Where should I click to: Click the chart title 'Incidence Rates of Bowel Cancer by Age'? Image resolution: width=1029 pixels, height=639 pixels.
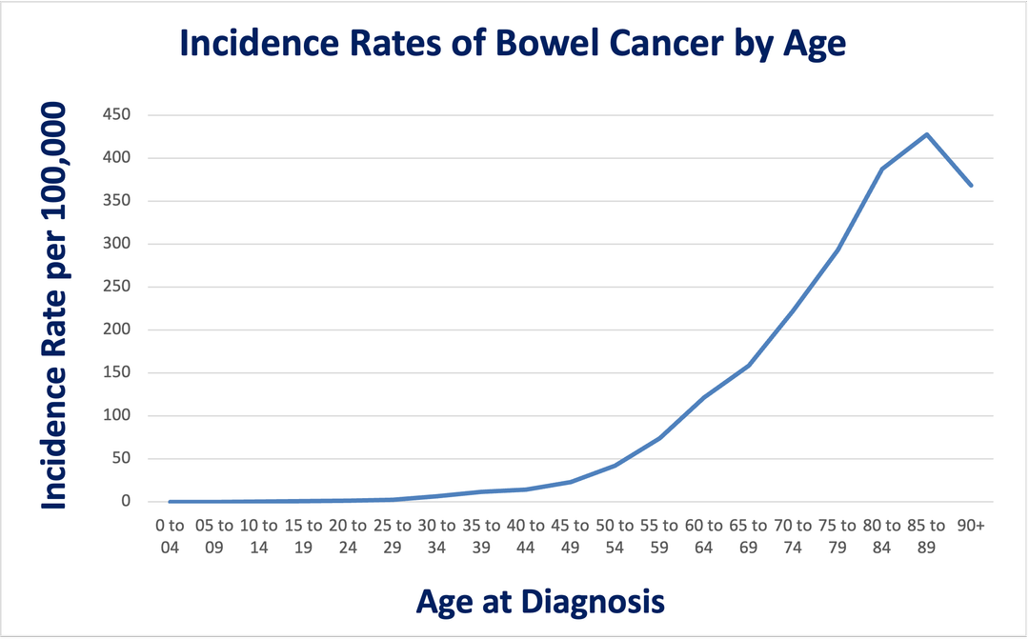pos(513,44)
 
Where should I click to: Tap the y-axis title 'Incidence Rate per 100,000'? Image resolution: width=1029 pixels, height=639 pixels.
pos(54,305)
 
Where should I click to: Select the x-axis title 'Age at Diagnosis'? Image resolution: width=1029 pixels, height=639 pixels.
pos(540,602)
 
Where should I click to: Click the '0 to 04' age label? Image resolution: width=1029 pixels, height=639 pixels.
pos(170,534)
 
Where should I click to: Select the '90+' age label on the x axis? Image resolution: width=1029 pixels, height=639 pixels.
pos(970,525)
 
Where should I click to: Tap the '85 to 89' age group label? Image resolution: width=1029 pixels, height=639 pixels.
pos(926,534)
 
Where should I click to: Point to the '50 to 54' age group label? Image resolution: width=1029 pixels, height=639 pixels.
pos(615,534)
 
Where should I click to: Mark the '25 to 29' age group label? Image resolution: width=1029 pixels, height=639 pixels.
pos(393,534)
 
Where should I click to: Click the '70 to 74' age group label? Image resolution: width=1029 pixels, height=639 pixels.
pos(793,534)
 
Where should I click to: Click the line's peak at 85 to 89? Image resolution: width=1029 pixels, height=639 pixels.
pos(926,134)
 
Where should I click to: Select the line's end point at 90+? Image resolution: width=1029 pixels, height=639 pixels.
pos(971,185)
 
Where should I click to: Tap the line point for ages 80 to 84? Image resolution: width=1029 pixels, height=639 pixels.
pos(882,169)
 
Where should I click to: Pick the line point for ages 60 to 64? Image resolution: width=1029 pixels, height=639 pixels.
pos(704,397)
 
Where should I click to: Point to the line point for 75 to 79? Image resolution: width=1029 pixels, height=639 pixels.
pos(837,250)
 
